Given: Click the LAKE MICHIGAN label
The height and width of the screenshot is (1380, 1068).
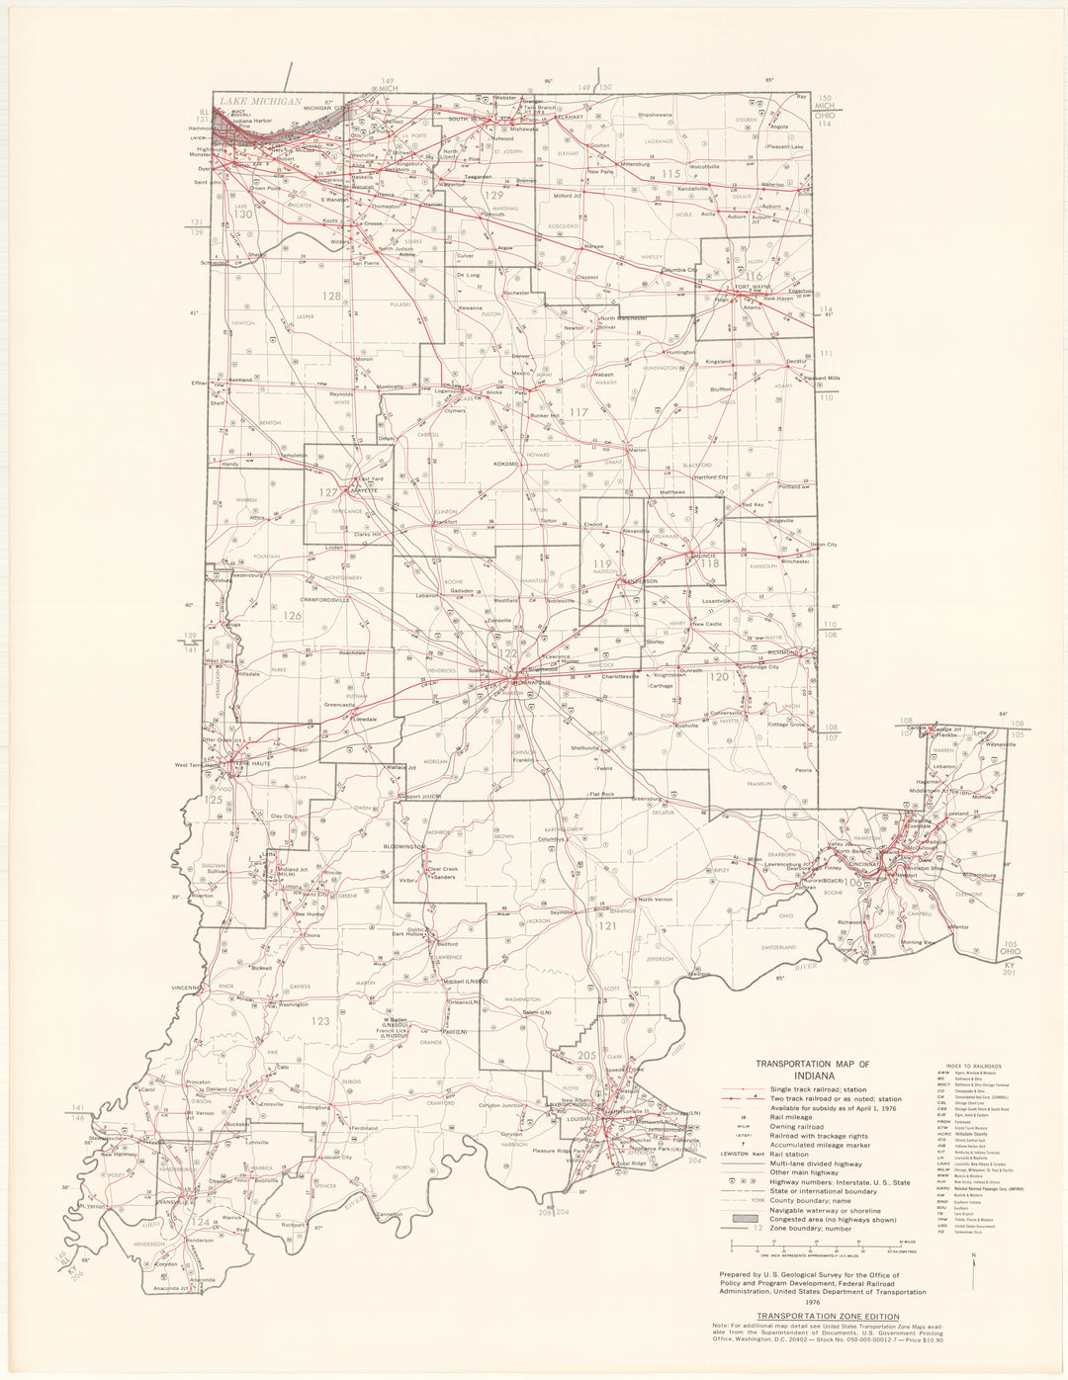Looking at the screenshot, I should [x=260, y=101].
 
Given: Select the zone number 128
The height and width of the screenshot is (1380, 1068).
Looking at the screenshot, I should [x=330, y=296].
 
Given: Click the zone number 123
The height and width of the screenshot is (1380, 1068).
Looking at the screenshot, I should [x=320, y=1021].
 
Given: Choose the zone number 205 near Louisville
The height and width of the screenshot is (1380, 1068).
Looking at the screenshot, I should [x=586, y=1056].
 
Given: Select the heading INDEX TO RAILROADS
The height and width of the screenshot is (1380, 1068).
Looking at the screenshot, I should [x=966, y=1067].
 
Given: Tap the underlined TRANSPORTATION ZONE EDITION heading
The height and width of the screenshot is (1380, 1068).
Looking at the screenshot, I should [x=827, y=1316].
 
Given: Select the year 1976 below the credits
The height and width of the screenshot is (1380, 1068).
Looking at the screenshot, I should [x=821, y=1303].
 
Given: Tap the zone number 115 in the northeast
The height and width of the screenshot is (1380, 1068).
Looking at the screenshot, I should [x=672, y=174].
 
